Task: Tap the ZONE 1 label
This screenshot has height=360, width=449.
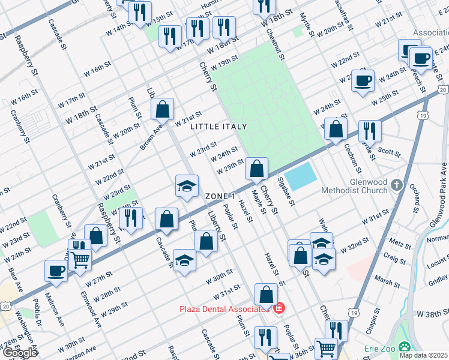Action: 220,197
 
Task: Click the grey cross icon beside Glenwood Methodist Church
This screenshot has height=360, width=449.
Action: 396,185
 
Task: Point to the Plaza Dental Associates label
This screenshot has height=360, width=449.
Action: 223,309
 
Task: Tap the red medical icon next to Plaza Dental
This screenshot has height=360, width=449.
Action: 278,309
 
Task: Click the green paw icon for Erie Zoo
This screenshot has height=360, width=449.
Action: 406,347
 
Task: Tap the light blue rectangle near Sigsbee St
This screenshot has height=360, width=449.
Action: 300,176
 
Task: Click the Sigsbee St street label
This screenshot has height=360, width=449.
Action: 286,191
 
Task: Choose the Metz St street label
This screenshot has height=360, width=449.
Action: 396,242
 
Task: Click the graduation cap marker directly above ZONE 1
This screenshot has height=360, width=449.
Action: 187,186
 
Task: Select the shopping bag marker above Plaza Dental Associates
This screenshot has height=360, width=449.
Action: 266,295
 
